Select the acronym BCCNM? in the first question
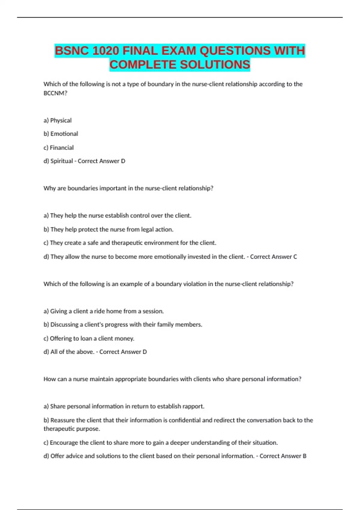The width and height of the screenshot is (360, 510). pos(55,93)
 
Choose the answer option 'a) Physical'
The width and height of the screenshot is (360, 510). pos(58,120)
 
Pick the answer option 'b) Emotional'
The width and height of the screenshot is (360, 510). pos(61,134)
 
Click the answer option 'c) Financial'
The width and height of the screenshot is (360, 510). pos(58,148)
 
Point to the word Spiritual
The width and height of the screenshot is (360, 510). pos(62,161)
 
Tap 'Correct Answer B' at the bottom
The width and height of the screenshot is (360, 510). pos(283,456)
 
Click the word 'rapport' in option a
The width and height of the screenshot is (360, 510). pos(194,406)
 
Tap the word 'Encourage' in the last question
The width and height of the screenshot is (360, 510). pos(64,443)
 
